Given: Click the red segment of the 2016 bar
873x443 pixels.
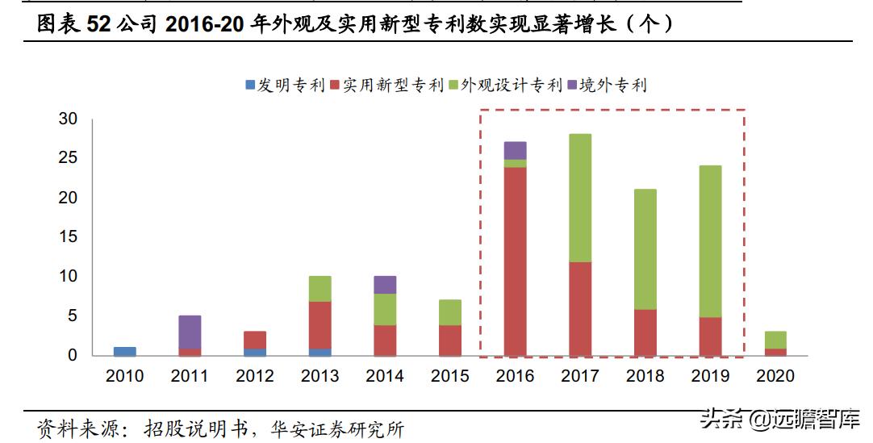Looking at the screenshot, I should [515, 261].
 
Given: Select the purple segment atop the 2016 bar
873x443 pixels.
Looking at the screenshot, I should [515, 151].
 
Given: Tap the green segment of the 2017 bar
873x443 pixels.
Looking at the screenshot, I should [580, 198].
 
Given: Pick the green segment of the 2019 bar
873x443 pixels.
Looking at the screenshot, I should [710, 241].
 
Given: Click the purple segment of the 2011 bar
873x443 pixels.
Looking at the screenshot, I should [190, 332].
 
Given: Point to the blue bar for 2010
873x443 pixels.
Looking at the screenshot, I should [125, 352].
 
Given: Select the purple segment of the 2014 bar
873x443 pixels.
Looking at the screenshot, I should [385, 285].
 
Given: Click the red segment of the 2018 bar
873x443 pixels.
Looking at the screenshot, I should [645, 332].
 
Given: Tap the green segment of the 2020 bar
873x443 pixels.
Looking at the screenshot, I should [775, 340].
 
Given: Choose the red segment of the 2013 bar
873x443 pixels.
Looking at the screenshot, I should [320, 325].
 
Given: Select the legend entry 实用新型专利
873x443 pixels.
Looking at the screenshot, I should [386, 85].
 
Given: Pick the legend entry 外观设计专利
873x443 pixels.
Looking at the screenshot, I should [504, 85].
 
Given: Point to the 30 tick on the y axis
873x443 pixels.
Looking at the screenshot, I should [68, 119].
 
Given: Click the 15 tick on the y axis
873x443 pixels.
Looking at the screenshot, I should [68, 237].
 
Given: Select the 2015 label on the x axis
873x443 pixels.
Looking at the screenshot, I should [450, 376].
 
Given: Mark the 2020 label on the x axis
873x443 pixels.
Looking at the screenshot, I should [775, 376].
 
